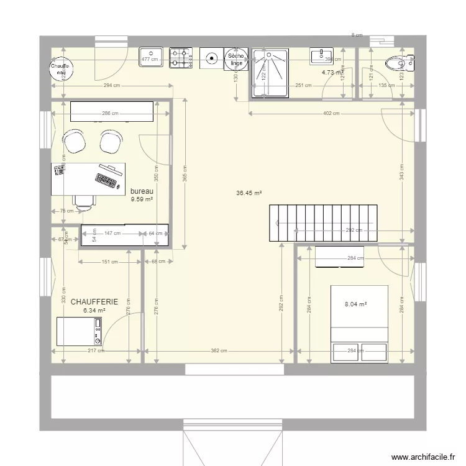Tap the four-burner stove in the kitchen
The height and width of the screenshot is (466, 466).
coord(183,58)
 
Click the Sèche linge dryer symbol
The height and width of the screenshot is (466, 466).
coord(236,60)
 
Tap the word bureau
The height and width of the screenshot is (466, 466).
coord(141,191)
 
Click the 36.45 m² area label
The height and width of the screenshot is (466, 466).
coord(249,193)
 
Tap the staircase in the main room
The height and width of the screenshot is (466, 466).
coord(322,222)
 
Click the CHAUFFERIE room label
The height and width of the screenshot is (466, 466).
coord(94,301)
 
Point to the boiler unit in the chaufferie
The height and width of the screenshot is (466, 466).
coord(79,331)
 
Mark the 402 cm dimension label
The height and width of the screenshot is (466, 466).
coord(331,113)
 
